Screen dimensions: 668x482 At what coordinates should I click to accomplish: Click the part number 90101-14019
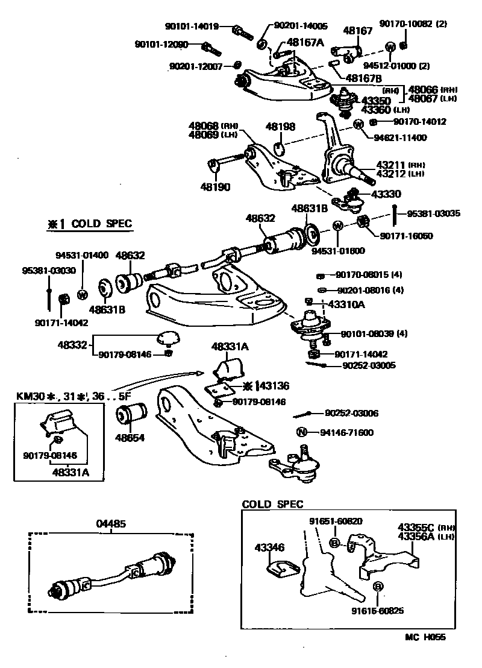coord(191,27)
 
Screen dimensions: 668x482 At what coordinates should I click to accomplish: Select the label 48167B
coord(363,77)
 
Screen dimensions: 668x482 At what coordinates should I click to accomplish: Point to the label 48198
coord(281,127)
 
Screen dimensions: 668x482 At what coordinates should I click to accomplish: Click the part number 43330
coord(386,194)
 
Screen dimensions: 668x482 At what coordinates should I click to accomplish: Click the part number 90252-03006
coord(352,413)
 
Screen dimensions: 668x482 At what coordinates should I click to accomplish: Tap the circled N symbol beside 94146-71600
coord(302,432)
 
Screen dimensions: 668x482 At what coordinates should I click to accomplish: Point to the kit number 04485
coord(111,524)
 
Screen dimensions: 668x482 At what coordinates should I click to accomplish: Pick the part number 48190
coord(216,187)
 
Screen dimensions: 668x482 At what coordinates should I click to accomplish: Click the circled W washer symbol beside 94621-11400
coord(358,125)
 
